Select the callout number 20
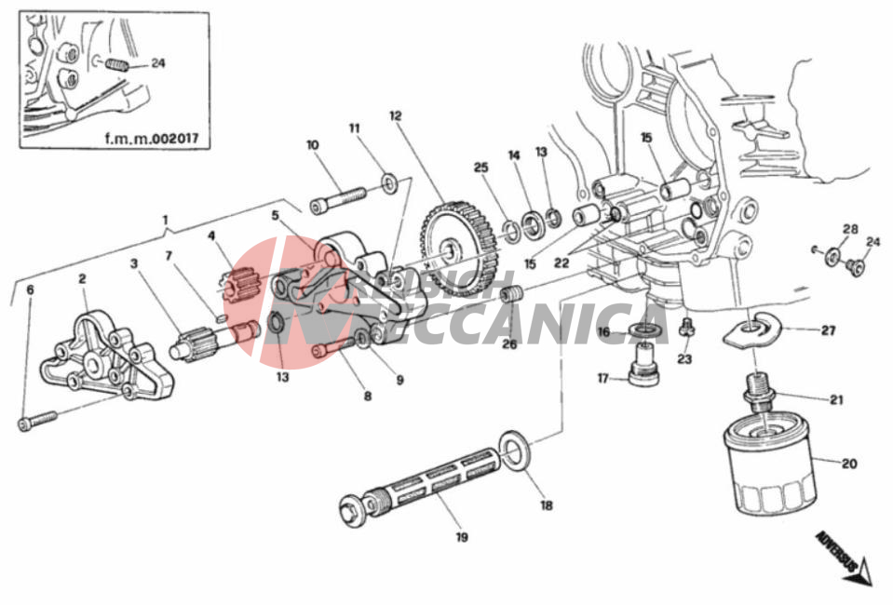pyautogui.click(x=848, y=463)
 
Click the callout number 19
pyautogui.click(x=462, y=537)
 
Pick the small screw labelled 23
pyautogui.click(x=687, y=329)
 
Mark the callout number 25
pyautogui.click(x=480, y=168)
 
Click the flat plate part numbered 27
pyautogui.click(x=752, y=330)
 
